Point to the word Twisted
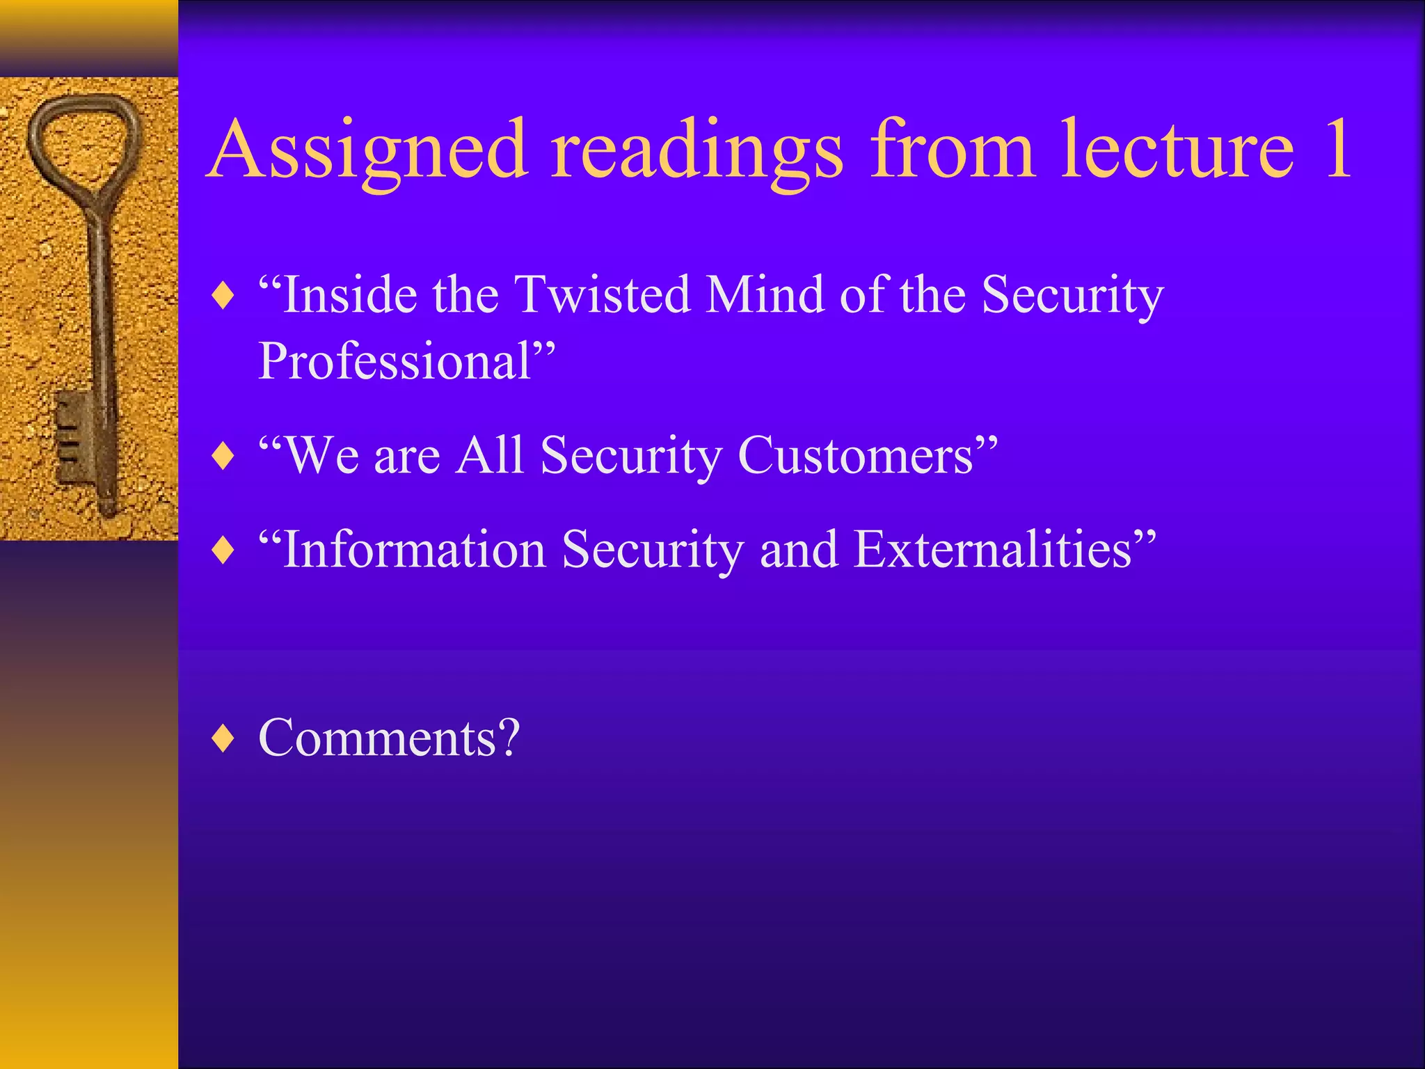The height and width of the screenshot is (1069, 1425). (x=602, y=294)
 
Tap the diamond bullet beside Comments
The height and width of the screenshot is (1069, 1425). (x=223, y=738)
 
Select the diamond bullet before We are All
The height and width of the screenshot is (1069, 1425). (x=223, y=457)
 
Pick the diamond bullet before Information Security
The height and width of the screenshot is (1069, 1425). (x=223, y=551)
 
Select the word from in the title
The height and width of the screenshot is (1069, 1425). (x=953, y=149)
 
